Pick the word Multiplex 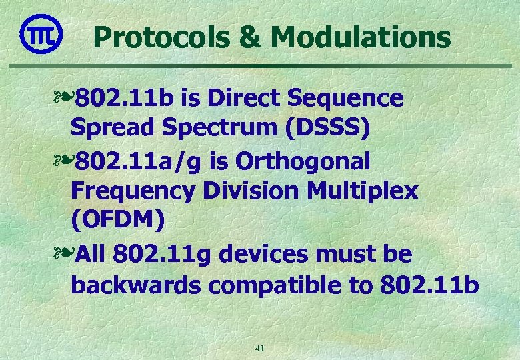[363, 192]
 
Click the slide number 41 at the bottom [260, 348]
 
